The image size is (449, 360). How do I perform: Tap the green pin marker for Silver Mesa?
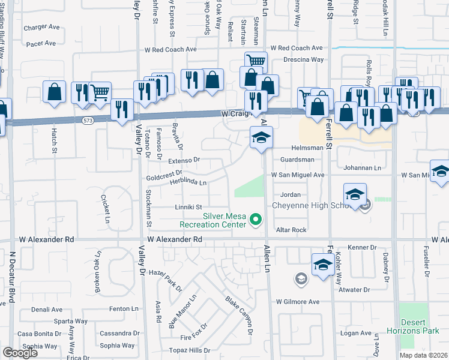click(257, 220)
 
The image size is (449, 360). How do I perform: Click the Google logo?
click(20, 353)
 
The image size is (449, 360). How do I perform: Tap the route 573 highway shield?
click(87, 121)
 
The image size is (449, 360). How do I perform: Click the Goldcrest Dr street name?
click(164, 178)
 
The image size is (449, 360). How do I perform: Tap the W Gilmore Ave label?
click(298, 302)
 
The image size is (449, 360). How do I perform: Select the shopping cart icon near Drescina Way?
click(256, 60)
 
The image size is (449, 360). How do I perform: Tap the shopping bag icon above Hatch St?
click(54, 92)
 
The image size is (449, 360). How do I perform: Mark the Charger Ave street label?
click(42, 28)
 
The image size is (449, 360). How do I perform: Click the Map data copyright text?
click(423, 355)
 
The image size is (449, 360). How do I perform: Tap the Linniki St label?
click(188, 207)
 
